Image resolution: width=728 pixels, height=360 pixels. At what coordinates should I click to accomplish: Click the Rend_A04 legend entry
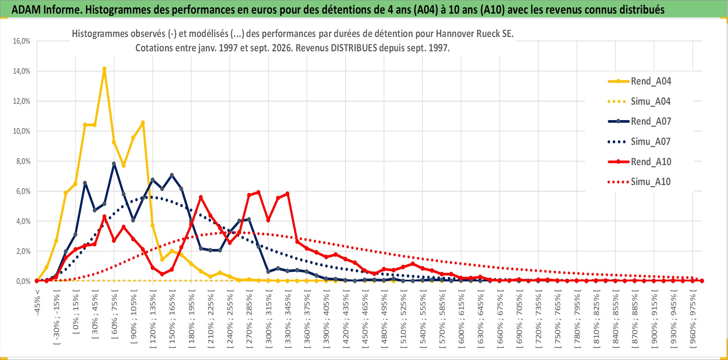[639, 81]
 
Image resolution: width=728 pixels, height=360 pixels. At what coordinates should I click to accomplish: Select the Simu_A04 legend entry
[639, 102]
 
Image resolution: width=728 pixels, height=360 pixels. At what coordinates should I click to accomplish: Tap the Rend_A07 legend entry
[639, 122]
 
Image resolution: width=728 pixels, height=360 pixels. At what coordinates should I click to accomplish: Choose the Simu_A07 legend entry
[639, 142]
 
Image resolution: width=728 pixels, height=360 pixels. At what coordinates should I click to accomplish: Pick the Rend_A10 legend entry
[639, 162]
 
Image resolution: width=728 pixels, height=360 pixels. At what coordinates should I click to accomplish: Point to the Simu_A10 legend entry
[639, 182]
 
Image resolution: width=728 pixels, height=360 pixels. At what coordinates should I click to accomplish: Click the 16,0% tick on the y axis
[22, 41]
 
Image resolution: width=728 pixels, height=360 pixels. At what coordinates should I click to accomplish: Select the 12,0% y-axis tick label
[22, 101]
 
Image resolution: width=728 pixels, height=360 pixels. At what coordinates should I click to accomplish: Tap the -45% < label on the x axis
[37, 303]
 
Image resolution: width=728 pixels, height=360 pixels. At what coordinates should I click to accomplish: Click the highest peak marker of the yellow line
[104, 69]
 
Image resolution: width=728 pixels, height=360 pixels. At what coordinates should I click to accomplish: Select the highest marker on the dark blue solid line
[114, 163]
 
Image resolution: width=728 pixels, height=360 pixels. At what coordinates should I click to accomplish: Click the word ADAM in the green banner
[25, 10]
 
